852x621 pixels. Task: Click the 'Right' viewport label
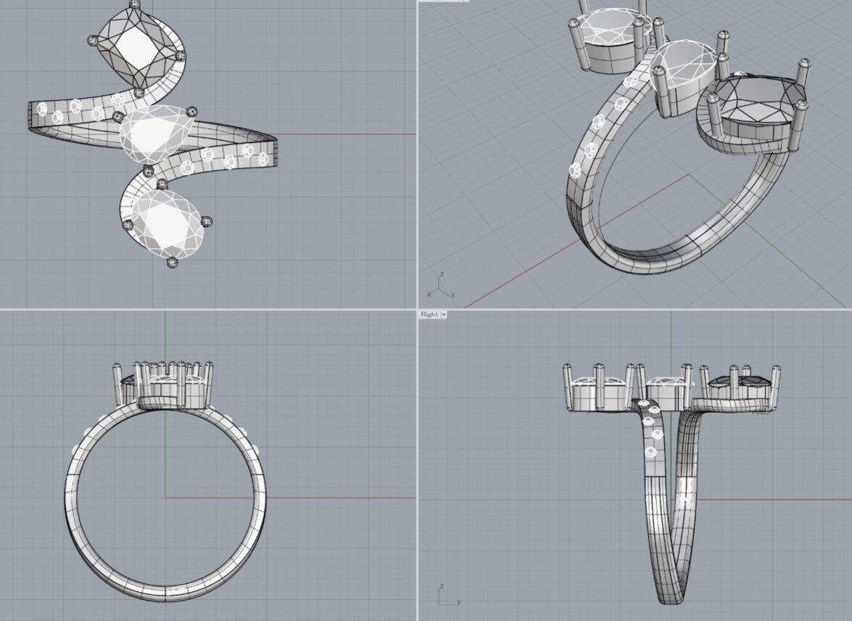click(x=429, y=314)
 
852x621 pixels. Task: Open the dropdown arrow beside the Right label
click(x=444, y=314)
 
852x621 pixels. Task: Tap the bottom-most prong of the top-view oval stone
click(x=173, y=263)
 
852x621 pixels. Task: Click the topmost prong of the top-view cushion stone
click(x=134, y=4)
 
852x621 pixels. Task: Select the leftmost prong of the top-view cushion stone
click(x=92, y=40)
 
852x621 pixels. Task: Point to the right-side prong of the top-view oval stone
click(x=207, y=221)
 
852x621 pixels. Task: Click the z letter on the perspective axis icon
click(x=442, y=275)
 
